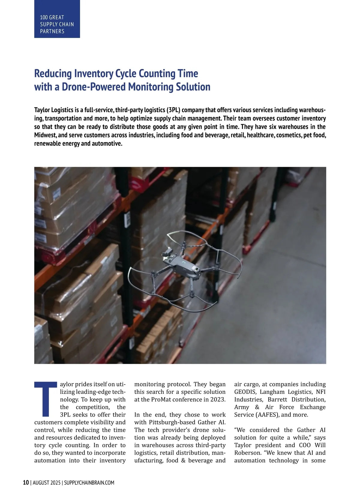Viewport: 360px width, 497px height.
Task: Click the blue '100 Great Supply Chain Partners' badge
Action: (x=57, y=19)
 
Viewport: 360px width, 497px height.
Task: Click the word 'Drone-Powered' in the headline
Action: (x=94, y=87)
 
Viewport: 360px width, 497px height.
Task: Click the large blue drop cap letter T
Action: (x=46, y=399)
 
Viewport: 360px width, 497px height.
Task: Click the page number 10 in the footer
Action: (x=26, y=483)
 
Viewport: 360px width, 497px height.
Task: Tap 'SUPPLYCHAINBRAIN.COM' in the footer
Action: (x=89, y=483)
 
